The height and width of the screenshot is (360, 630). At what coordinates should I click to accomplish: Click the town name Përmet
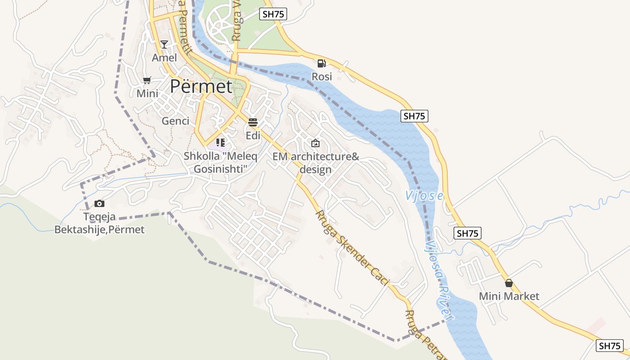(x=201, y=86)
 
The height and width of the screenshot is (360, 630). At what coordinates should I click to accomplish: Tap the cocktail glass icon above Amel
(x=164, y=44)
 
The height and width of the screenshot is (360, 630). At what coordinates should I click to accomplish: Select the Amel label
(x=164, y=58)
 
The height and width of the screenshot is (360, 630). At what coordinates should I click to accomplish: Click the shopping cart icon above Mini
(x=147, y=81)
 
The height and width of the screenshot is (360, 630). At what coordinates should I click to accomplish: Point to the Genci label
(x=175, y=121)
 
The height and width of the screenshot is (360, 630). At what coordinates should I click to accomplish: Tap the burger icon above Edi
(x=253, y=122)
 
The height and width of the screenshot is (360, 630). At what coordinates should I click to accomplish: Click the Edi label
(x=253, y=135)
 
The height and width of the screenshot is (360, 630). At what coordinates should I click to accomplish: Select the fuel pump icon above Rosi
(x=321, y=63)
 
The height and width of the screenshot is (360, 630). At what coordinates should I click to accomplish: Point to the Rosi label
(x=322, y=76)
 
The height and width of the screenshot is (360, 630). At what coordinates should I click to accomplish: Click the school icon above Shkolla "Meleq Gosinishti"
(x=220, y=143)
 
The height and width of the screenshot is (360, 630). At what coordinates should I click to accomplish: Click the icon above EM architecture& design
(x=315, y=143)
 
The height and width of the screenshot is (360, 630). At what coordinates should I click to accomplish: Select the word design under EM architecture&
(x=315, y=170)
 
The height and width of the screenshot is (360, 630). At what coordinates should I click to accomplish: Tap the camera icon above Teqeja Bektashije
(x=99, y=204)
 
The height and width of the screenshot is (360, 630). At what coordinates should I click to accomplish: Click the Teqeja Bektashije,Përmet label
(x=99, y=223)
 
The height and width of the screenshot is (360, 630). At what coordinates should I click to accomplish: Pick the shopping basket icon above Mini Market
(x=509, y=283)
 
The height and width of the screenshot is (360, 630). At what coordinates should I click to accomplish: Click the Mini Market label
(x=509, y=296)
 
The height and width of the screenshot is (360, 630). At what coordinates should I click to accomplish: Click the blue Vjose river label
(x=424, y=196)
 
